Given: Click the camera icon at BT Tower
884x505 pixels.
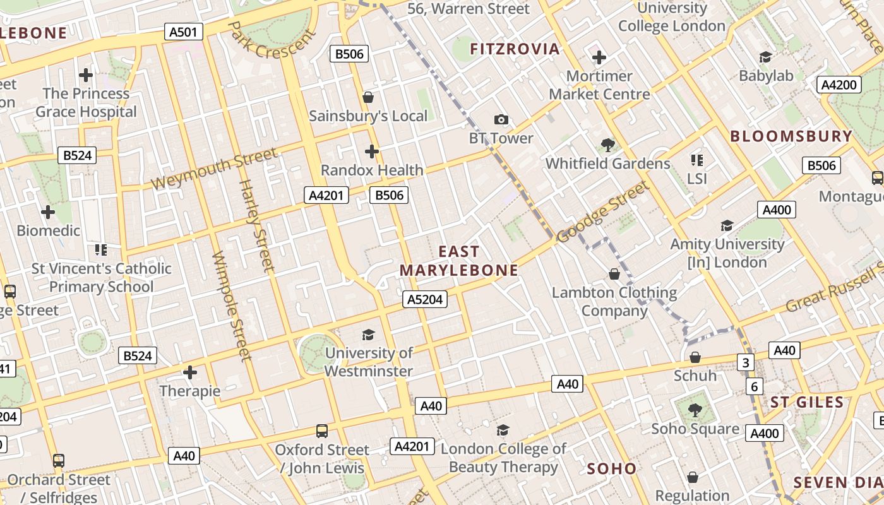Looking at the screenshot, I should tap(501, 119).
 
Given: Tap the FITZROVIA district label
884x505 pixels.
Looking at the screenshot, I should tap(515, 49).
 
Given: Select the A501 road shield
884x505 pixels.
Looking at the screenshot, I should tap(184, 32).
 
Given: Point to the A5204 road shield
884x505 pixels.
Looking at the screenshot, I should tap(425, 299).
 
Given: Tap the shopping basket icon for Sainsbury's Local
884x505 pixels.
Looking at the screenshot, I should tap(368, 97).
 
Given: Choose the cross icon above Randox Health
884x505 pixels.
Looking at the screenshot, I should tap(372, 151).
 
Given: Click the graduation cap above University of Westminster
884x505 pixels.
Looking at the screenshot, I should tap(368, 335).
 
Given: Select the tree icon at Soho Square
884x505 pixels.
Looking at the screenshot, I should tap(695, 410).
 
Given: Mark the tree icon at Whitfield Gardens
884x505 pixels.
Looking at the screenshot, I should tap(607, 145).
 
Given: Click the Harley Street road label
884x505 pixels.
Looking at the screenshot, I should tap(258, 226).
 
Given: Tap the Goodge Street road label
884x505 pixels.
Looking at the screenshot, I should tap(603, 211).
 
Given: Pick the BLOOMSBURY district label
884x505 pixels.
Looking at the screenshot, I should tap(791, 136).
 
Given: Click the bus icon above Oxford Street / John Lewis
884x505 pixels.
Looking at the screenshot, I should tap(322, 431).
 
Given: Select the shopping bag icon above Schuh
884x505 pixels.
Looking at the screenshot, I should tap(695, 357).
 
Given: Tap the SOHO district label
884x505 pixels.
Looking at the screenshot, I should tap(611, 468).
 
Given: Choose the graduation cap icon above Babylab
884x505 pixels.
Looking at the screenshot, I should tap(766, 57).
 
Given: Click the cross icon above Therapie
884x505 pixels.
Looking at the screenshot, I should tap(190, 372).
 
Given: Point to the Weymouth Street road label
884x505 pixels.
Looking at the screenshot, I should tap(214, 169).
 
